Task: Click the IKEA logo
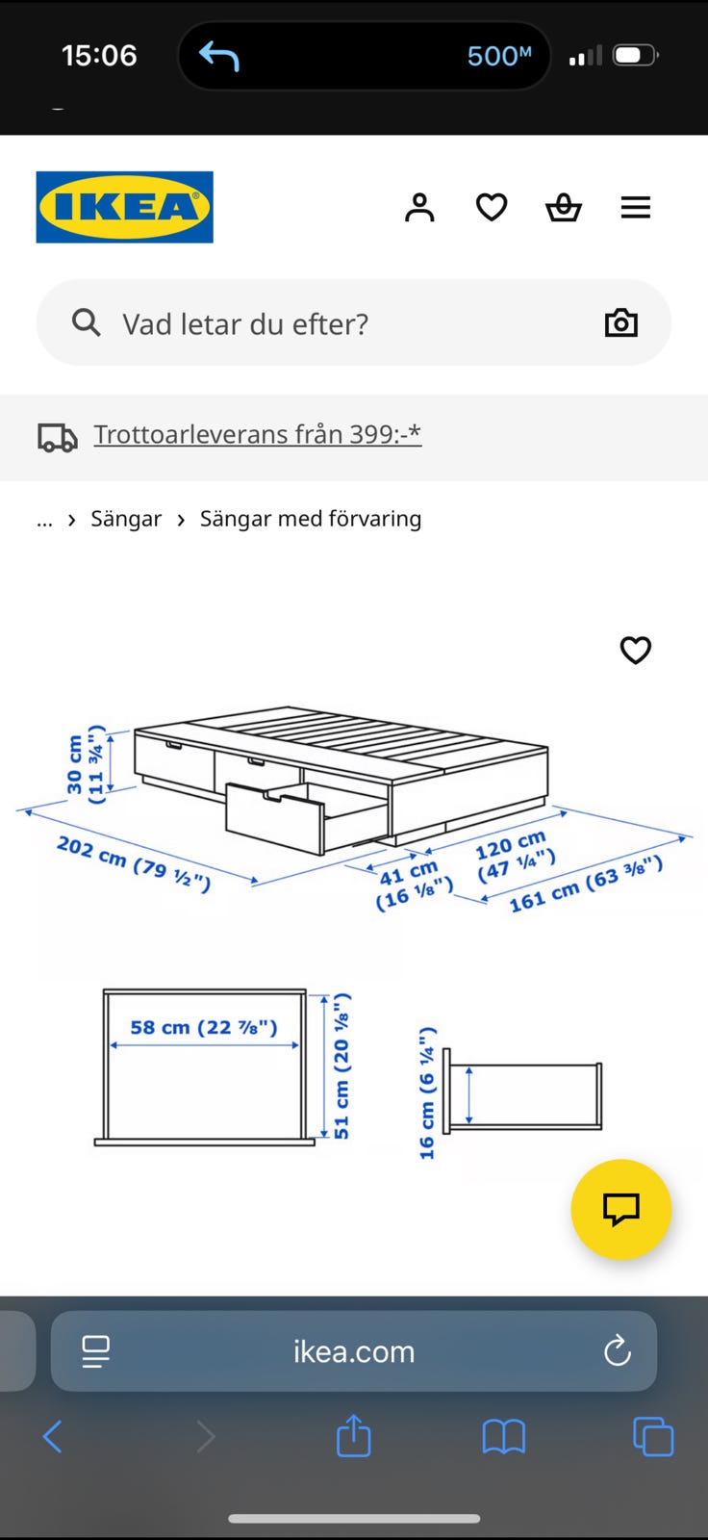[x=124, y=207]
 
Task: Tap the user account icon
[x=419, y=207]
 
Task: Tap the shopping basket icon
[x=564, y=207]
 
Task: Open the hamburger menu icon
[x=635, y=207]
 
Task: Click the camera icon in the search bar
[x=620, y=322]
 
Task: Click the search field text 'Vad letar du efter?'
[x=245, y=323]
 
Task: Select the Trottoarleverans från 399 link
[x=257, y=434]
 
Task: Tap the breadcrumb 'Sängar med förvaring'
[x=311, y=519]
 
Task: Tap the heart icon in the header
[x=492, y=207]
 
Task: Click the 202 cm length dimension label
[x=134, y=863]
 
